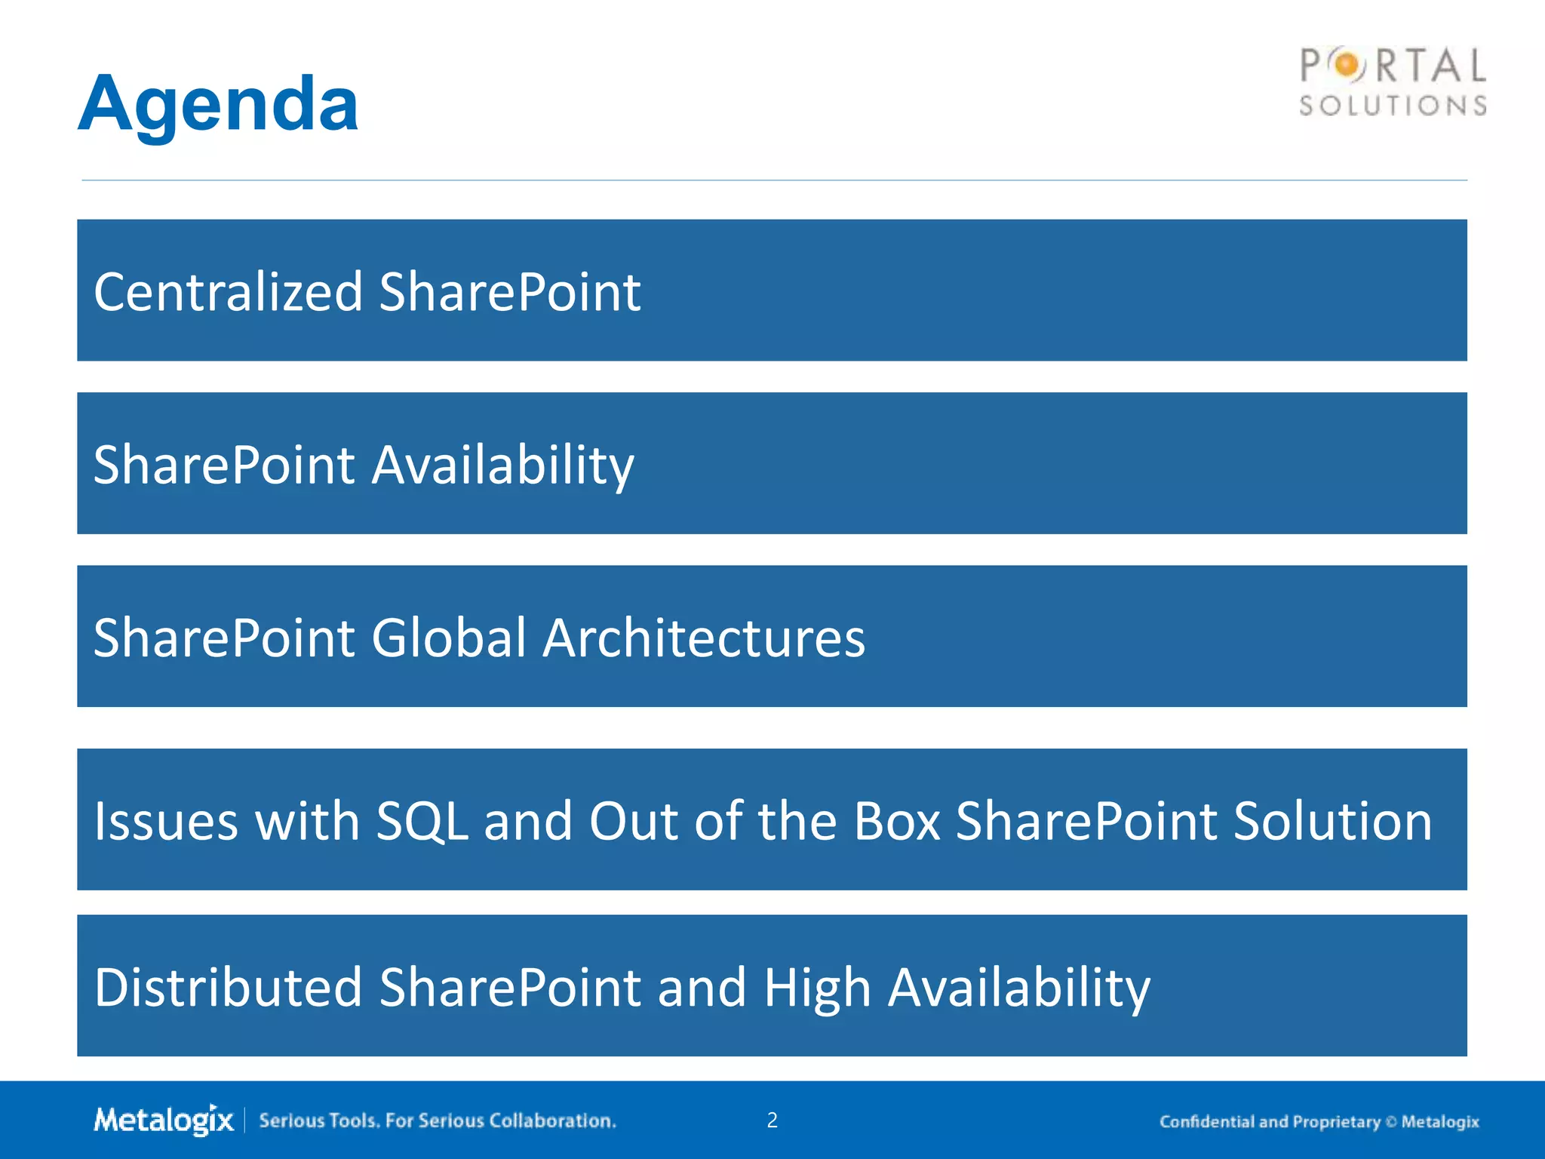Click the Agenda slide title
218,105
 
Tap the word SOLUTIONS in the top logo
1393,106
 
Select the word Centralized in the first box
228,292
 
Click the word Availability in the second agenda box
503,466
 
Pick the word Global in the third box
449,638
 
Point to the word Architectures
704,638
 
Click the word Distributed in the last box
228,987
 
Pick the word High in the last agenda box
817,988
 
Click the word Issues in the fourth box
166,821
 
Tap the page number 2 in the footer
772,1121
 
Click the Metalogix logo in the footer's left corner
164,1120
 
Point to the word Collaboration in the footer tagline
552,1121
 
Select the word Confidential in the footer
1207,1122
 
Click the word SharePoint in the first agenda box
509,292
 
